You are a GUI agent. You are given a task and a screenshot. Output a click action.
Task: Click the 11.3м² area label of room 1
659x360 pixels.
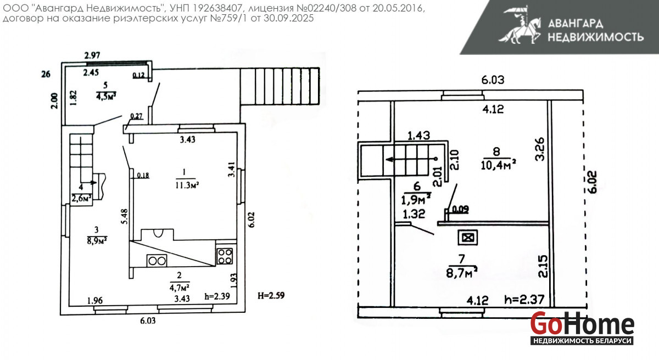pos(187,185)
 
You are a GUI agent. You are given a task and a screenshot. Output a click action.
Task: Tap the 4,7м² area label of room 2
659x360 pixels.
pos(179,287)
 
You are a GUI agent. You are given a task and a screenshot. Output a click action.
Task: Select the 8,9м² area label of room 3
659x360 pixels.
pos(97,241)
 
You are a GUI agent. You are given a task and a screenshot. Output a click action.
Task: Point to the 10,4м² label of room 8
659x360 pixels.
pos(498,165)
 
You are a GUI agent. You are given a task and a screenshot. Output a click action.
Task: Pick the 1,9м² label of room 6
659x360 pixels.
pos(416,199)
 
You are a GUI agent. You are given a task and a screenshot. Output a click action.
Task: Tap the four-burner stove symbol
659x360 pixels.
pos(225,256)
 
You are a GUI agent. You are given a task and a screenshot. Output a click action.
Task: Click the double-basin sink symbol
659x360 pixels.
pos(157,261)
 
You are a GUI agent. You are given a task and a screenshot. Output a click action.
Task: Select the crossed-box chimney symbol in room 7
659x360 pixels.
pos(467,237)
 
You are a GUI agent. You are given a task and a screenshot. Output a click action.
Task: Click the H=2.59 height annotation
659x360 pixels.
pos(271,295)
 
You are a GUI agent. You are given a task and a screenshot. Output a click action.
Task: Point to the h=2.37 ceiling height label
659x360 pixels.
pos(524,300)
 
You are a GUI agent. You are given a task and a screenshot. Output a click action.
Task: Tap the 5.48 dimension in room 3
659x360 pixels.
pos(125,217)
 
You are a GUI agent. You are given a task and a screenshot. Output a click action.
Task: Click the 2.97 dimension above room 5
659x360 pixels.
pos(92,55)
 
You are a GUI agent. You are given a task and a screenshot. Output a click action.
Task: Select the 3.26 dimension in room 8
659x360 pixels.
pos(540,149)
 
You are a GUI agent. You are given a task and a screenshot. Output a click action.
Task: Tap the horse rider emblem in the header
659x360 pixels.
pos(520,25)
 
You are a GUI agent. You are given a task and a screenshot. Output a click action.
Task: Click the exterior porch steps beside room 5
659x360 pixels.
pos(280,86)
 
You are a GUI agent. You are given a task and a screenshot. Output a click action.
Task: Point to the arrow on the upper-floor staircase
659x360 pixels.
pos(411,159)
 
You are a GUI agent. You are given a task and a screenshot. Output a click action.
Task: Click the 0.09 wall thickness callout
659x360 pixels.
pos(460,209)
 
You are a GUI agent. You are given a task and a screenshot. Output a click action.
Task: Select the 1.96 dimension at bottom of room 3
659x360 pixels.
pos(95,300)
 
